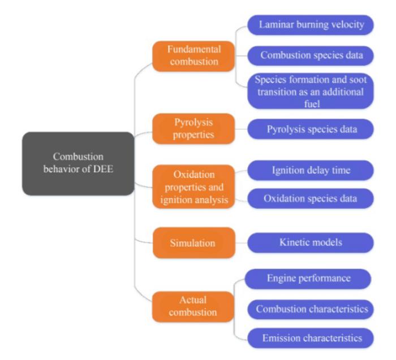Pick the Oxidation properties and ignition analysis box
click(x=186, y=184)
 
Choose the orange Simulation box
click(x=186, y=243)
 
